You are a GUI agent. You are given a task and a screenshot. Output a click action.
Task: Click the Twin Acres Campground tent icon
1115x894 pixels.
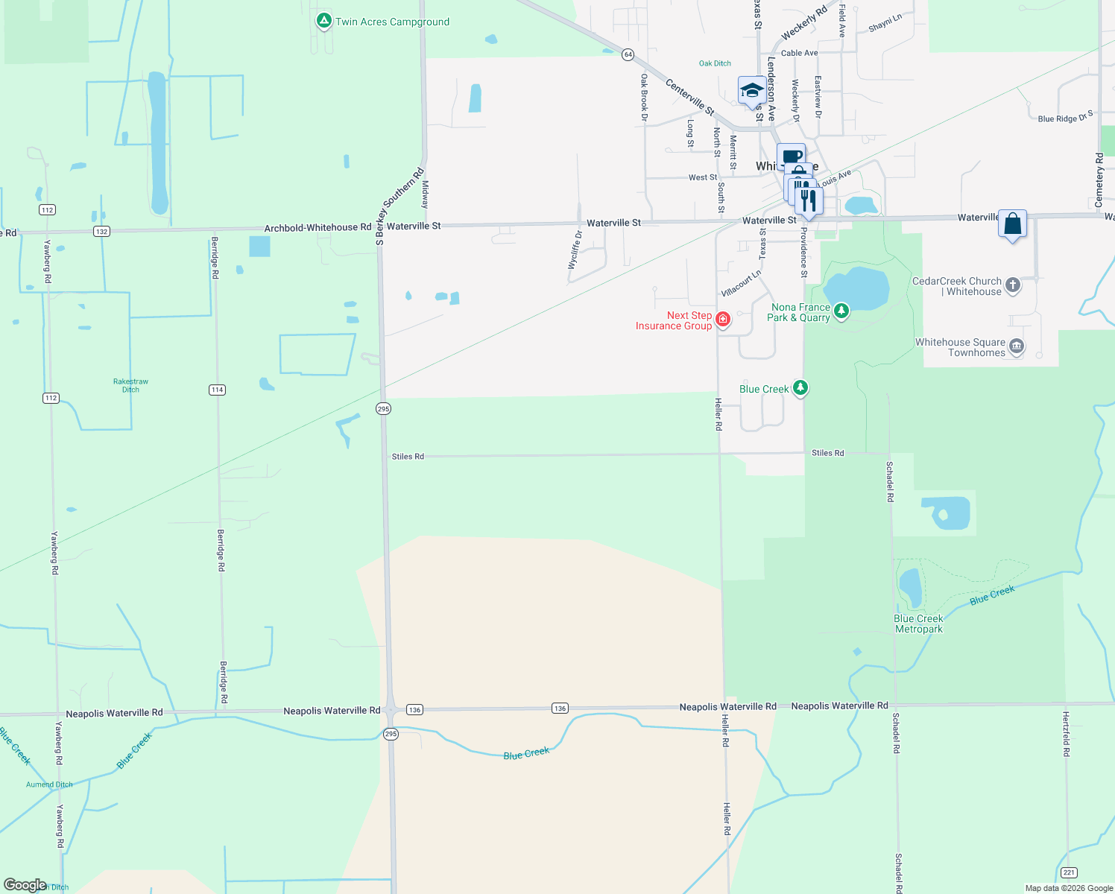point(323,21)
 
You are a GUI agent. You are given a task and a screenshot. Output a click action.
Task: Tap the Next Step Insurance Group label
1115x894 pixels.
point(673,320)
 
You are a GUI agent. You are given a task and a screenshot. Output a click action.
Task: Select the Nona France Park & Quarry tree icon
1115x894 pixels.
point(841,311)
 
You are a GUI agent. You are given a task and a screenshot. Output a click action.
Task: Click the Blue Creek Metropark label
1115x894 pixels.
point(918,624)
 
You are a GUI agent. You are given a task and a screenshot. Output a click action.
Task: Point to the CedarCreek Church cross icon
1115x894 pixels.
point(1012,285)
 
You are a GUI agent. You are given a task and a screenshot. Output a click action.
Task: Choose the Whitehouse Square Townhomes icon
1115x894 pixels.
point(1016,346)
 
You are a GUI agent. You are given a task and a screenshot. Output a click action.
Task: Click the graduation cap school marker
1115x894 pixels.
point(751,91)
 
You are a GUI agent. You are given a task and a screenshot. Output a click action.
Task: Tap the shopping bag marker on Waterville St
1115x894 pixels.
point(1012,223)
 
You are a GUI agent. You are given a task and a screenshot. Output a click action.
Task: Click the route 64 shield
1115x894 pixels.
point(628,54)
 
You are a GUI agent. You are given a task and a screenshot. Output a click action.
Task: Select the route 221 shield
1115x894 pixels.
point(1069,872)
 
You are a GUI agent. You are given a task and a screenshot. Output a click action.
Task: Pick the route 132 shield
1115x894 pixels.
point(102,231)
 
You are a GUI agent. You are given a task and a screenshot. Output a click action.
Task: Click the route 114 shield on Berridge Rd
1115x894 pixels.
point(217,390)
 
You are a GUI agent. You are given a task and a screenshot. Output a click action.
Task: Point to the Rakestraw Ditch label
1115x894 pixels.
point(130,385)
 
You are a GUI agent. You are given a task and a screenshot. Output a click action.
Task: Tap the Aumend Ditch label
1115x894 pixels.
point(49,784)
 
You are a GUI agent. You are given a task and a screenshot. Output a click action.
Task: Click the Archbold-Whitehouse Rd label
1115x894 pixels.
point(318,227)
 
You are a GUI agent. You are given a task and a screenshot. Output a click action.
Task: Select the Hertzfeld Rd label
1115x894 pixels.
point(1066,734)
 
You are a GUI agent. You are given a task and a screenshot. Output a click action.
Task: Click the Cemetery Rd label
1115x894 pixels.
point(1099,180)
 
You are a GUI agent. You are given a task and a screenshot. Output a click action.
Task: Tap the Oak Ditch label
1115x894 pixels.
point(715,63)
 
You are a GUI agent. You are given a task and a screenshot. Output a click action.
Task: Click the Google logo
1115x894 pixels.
point(25,884)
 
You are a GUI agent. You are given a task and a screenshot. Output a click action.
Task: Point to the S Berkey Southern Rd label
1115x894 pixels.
point(399,206)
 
